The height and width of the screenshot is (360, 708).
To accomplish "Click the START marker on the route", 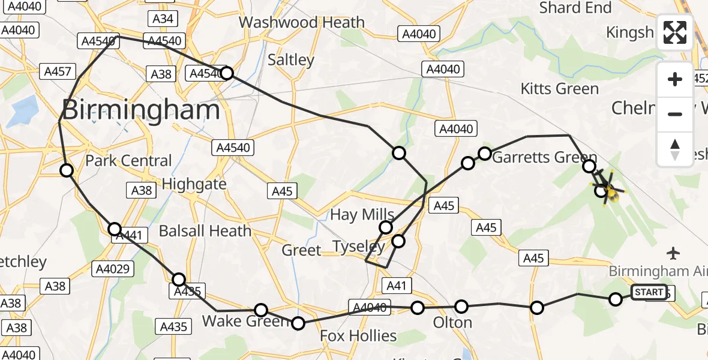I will click(x=649, y=292).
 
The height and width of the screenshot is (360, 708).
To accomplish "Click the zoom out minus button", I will click(x=675, y=114).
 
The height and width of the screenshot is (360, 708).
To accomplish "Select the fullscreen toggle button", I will click(x=675, y=32).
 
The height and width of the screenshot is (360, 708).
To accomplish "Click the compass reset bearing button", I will click(x=675, y=149).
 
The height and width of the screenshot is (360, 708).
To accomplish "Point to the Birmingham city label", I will click(x=141, y=110).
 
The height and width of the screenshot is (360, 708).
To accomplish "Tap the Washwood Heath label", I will click(x=301, y=23).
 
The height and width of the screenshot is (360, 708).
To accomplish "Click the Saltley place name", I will click(x=291, y=60).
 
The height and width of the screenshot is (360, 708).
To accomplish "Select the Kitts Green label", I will click(x=559, y=89).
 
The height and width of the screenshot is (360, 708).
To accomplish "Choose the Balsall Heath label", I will click(x=205, y=230).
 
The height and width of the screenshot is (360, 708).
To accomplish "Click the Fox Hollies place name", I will click(x=358, y=335).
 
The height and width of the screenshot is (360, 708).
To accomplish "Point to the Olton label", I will click(x=452, y=323).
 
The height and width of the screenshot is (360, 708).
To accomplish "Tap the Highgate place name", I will click(x=194, y=184).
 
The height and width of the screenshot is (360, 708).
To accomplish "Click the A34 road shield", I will click(x=163, y=19).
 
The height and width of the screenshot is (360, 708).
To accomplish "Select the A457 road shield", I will click(x=58, y=72).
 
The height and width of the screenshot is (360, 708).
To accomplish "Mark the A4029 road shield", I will click(x=113, y=268).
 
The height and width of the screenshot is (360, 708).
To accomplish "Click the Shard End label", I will click(x=575, y=8).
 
